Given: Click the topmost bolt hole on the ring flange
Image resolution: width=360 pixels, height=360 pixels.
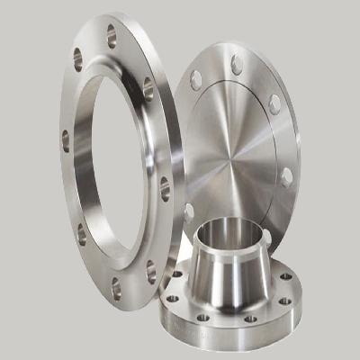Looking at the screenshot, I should pyautogui.click(x=112, y=36).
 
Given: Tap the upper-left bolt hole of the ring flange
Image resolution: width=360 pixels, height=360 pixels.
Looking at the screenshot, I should pyautogui.click(x=77, y=60).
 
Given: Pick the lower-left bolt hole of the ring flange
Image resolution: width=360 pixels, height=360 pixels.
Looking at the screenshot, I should pyautogui.click(x=82, y=235).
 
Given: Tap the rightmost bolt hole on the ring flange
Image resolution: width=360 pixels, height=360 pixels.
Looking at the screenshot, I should pyautogui.click(x=165, y=188).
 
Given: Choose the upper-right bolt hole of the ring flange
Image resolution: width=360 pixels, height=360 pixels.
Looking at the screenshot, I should pyautogui.click(x=148, y=87).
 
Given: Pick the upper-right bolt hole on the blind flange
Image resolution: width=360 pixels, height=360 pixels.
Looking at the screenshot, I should pyautogui.click(x=274, y=103).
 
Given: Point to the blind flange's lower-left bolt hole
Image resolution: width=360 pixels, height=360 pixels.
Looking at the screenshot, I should pyautogui.click(x=188, y=212).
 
